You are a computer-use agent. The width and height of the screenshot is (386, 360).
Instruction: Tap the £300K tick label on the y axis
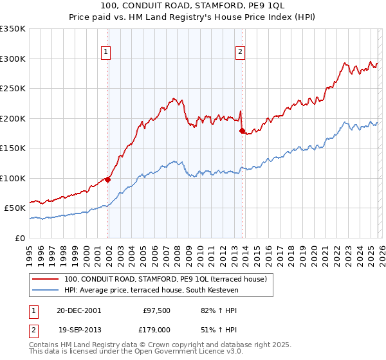coord(13,59)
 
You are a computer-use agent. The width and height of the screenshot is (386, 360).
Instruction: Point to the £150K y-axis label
coord(13,148)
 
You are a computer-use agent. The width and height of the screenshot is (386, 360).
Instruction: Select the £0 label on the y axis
coord(21,238)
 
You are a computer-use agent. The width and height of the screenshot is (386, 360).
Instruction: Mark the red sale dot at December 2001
coord(108,180)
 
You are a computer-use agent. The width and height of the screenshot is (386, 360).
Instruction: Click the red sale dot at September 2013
coord(242,130)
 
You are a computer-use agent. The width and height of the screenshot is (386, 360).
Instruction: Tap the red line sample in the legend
coord(45,279)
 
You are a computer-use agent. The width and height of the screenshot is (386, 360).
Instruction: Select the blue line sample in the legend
coord(45,291)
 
